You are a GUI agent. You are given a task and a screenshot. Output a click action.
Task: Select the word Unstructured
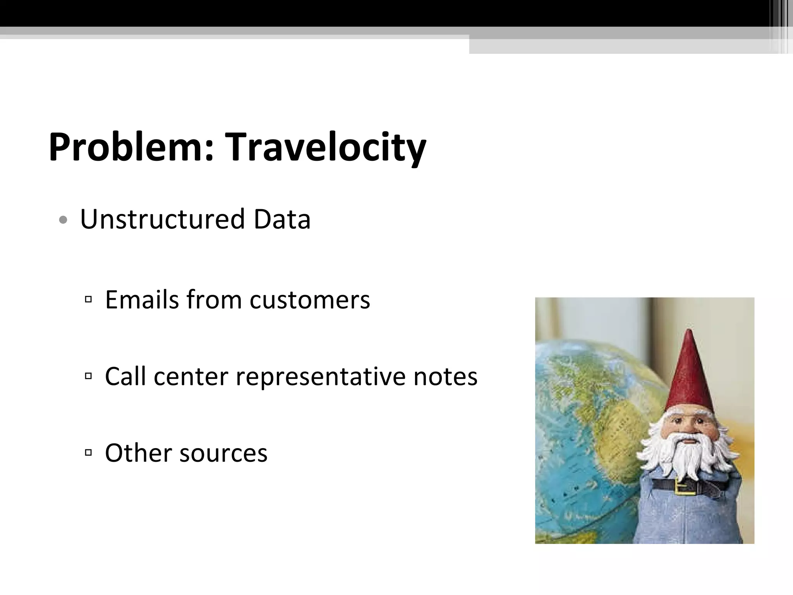pyautogui.click(x=163, y=219)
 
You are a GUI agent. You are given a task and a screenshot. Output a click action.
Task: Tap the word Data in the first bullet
pyautogui.click(x=282, y=219)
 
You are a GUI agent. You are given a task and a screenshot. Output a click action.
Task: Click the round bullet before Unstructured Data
pyautogui.click(x=63, y=220)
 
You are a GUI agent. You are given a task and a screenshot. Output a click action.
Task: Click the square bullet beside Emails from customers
pyautogui.click(x=88, y=299)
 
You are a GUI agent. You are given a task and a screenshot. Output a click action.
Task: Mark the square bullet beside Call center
pyautogui.click(x=88, y=376)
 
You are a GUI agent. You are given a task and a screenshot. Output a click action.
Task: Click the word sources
pyautogui.click(x=223, y=453)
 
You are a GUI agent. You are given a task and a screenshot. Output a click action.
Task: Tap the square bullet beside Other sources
pyautogui.click(x=88, y=452)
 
